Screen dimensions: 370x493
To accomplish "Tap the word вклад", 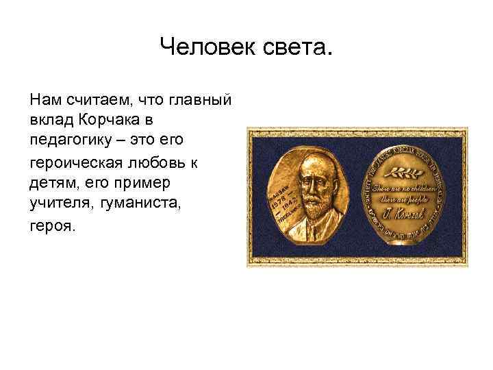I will (49, 120).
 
